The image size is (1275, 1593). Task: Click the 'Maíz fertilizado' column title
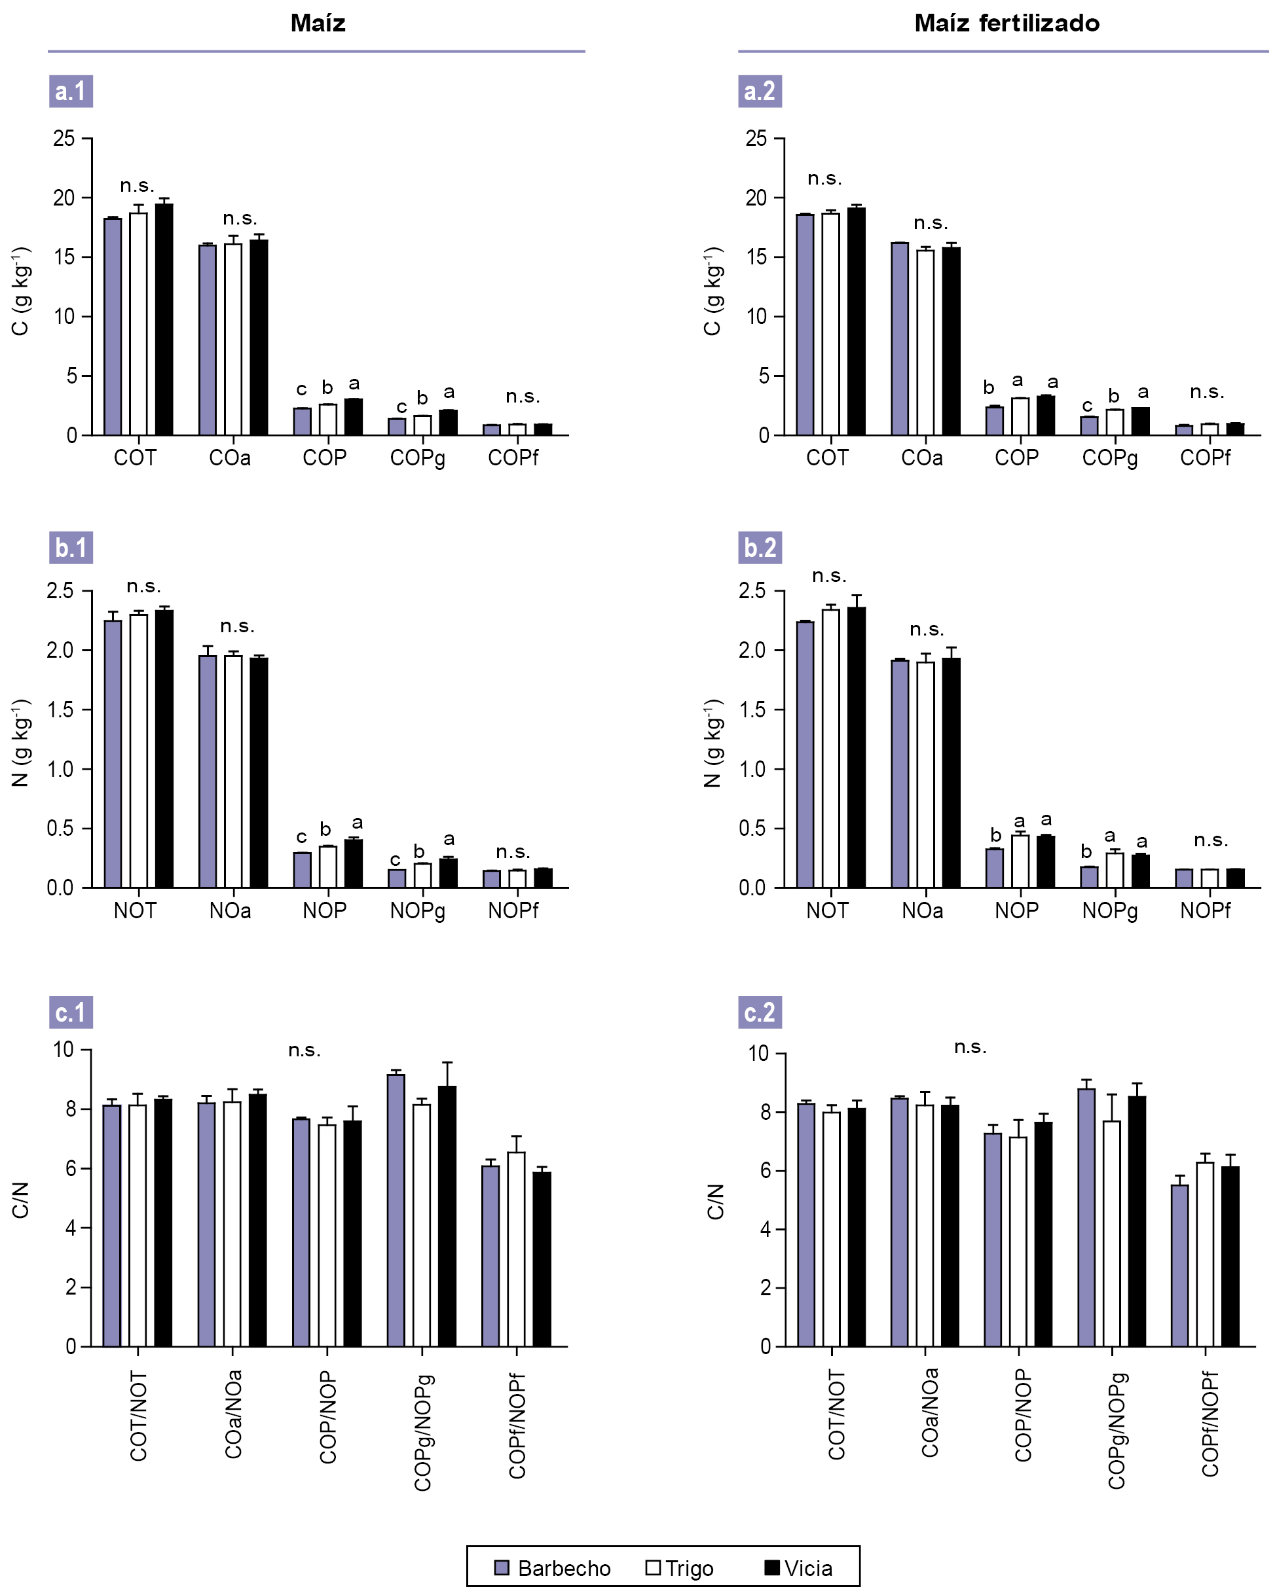coord(1006,24)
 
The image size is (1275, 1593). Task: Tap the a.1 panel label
coord(71,92)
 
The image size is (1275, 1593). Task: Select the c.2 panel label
coord(760,1012)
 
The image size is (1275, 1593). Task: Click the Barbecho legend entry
coord(552,1568)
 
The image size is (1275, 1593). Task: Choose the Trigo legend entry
coord(679,1568)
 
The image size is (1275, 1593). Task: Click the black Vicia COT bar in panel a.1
coord(164,319)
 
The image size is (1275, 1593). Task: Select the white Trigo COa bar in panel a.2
coord(925,342)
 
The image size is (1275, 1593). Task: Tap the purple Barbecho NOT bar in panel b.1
coord(113,754)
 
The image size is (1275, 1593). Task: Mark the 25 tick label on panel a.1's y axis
coord(64,138)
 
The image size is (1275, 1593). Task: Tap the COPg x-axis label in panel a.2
coord(1109,459)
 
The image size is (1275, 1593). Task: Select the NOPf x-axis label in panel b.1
coord(513,911)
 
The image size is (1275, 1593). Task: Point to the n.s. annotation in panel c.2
coord(970,1047)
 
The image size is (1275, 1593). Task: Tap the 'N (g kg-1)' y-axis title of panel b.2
coord(712,743)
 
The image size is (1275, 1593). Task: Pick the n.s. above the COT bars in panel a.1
coord(137,185)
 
